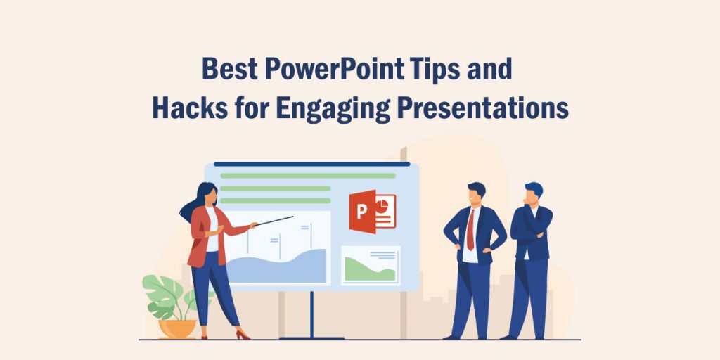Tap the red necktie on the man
(470, 229)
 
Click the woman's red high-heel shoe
(243, 335)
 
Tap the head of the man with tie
(476, 193)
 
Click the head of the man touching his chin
(533, 194)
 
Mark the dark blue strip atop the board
(311, 165)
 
